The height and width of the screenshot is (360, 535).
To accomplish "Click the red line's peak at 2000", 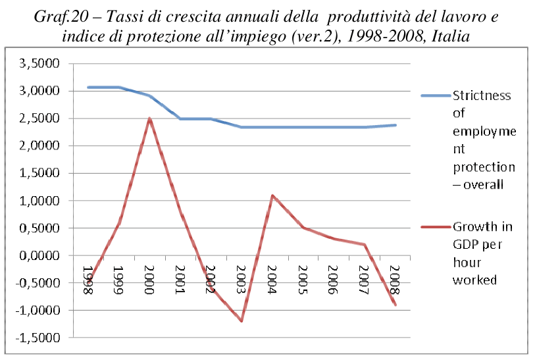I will point(150,119).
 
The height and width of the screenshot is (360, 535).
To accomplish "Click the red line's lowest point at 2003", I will point(242,321).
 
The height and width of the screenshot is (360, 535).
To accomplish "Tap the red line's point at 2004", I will point(272,195).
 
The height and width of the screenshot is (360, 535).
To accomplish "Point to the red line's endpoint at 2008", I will point(395,305).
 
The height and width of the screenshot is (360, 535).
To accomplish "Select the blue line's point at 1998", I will point(89,87).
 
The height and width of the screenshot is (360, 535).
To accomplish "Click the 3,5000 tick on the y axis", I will point(41,64).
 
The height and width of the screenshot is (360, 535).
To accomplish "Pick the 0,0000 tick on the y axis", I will point(41,255).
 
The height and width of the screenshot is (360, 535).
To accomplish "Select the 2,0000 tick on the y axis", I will point(41,146).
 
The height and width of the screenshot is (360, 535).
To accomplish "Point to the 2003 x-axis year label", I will point(242,280).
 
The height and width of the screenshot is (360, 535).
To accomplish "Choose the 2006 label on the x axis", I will point(334,280).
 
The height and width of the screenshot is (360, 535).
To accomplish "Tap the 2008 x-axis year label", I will point(395,280).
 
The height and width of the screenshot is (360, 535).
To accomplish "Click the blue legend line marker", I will point(436,95).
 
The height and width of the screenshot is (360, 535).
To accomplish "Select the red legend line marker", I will point(436,227).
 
